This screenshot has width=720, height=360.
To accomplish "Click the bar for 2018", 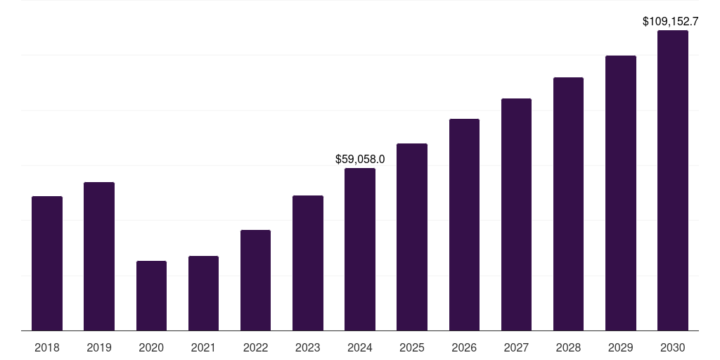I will [47, 263].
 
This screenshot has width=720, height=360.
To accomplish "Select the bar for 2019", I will [99, 256].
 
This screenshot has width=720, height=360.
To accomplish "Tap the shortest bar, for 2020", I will [151, 295].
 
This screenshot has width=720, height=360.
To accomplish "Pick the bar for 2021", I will [203, 292].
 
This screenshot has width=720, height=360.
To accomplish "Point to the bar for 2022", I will [255, 280].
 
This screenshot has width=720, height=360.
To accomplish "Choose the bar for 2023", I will [307, 262].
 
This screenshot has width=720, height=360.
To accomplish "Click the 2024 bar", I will [359, 249].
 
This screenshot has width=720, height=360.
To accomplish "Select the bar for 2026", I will [464, 224].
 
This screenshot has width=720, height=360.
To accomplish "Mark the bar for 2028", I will [568, 203].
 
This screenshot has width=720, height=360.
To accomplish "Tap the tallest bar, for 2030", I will [672, 180].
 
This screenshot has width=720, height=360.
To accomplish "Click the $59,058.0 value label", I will [360, 160].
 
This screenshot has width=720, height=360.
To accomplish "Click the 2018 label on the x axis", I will [47, 347].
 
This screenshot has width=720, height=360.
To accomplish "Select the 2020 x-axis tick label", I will [151, 347].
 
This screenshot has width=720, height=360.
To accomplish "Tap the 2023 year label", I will [307, 347].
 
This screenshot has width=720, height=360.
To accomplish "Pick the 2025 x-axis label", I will [411, 347].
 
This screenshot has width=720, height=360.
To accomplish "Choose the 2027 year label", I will [516, 347].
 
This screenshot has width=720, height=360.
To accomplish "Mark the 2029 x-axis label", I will [620, 347].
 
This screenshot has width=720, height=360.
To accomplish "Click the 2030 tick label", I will [672, 347].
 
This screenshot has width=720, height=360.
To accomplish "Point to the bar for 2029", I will [620, 193].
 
